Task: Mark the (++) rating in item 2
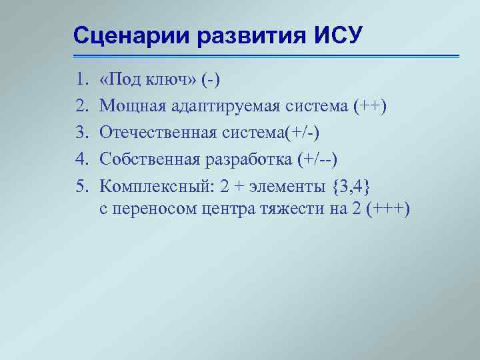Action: [x=372, y=107]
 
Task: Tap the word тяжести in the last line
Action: [x=288, y=209]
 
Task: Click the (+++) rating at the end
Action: [x=388, y=209]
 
